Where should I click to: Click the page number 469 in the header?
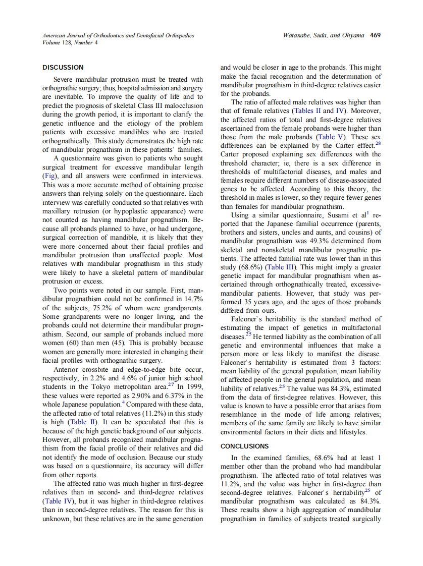tap(375, 35)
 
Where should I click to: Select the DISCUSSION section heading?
tap(63, 67)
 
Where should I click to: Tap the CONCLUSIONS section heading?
tap(245, 446)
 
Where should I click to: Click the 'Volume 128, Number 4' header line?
tap(71, 42)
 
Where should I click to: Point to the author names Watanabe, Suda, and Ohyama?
tap(325, 35)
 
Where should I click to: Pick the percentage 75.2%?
tap(95, 308)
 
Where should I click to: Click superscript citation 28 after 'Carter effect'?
tap(378, 143)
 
